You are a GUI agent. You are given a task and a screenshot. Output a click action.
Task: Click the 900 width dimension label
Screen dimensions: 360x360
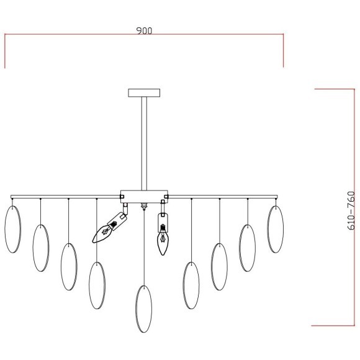tap(144, 31)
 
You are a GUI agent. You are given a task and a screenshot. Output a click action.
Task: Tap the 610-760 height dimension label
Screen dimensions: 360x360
tap(351, 210)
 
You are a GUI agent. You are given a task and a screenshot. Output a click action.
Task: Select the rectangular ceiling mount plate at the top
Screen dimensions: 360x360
tap(144, 92)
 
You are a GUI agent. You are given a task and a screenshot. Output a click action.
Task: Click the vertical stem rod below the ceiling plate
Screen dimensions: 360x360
tap(144, 143)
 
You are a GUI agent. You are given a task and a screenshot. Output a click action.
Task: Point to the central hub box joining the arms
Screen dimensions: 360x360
tap(144, 197)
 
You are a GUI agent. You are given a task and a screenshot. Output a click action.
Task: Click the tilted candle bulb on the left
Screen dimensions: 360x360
tap(102, 233)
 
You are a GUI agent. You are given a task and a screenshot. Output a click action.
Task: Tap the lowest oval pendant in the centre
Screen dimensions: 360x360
tap(144, 309)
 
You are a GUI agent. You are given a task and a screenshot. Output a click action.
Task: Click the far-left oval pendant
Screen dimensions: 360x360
tap(13, 229)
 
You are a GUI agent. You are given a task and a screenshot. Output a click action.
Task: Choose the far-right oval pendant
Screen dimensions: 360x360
tap(276, 229)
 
